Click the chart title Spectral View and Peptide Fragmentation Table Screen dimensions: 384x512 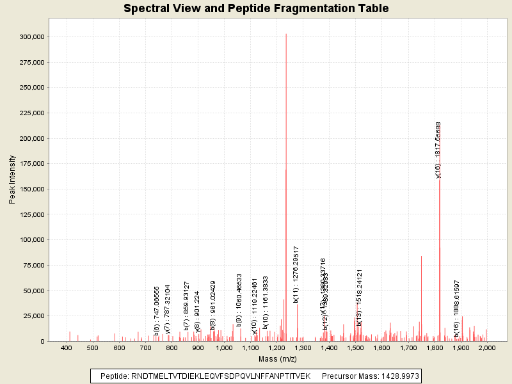(x=256, y=9)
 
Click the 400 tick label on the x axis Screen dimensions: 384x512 (x=66, y=348)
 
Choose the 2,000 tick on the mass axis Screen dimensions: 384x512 (x=487, y=348)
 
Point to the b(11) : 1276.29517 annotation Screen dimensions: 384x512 (x=296, y=274)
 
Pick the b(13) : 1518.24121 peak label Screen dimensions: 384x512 (x=360, y=297)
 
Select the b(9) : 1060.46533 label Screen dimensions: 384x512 (x=239, y=300)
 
